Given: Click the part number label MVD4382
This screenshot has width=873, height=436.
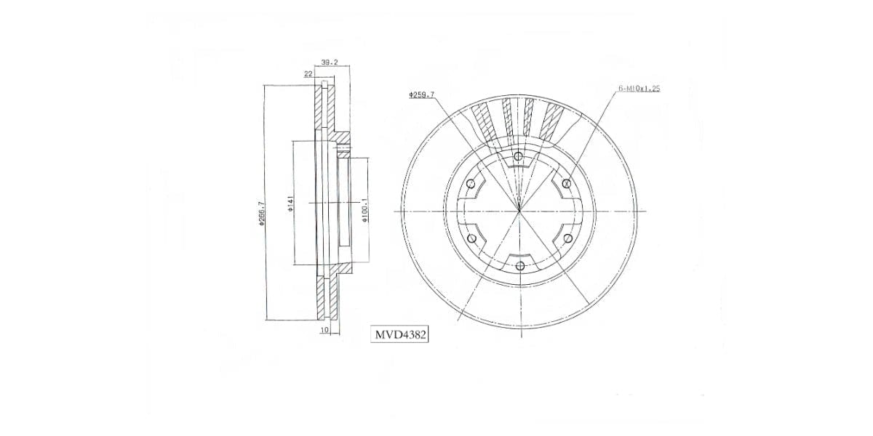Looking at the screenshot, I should point(399,334).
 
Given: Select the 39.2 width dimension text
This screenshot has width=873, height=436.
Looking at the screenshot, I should point(329,62).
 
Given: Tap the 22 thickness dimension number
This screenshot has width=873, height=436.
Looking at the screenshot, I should point(308,74).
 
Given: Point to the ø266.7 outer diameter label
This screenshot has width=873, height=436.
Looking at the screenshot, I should point(260,215).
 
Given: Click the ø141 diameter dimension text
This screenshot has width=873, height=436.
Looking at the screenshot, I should point(290,203).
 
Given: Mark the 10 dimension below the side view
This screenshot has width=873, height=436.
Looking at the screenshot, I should point(324,331).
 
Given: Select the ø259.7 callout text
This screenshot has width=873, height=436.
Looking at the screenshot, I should point(422,94).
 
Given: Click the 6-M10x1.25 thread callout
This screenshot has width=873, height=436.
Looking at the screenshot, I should point(639,89).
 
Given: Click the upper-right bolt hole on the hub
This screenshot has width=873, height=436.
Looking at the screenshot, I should point(566,183).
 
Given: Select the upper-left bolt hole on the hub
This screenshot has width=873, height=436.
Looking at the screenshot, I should point(471,183).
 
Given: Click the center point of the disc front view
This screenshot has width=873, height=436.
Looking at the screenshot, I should point(519,211).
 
